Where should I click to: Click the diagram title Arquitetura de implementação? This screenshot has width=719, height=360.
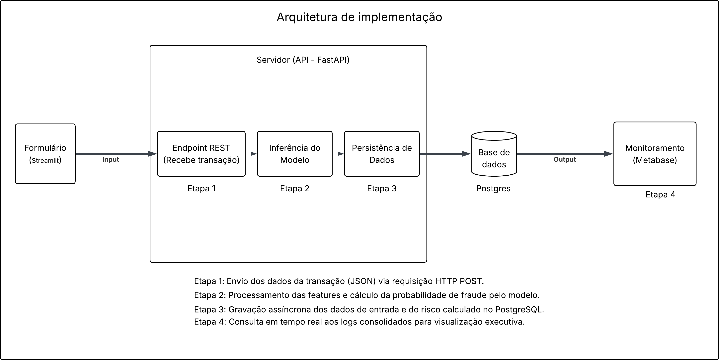point(359,17)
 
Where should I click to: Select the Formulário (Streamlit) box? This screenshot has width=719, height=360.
point(45,154)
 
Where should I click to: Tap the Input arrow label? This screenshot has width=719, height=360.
point(111,159)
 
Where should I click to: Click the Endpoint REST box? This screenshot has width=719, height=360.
point(201,154)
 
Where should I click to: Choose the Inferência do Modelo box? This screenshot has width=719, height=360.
point(295,154)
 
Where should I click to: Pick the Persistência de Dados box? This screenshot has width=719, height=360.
point(382,154)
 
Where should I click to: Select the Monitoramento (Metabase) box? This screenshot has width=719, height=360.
point(655,154)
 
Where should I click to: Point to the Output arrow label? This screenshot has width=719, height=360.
point(565,159)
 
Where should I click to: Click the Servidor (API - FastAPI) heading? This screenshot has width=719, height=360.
point(303,60)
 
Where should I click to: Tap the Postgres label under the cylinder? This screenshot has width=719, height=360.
point(493,189)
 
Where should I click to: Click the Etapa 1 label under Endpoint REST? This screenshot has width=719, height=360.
point(201,189)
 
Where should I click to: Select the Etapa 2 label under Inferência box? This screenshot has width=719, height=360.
point(295,189)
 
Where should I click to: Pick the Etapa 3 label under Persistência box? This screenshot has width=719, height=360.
point(382,189)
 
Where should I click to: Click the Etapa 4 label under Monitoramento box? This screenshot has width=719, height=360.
point(660,195)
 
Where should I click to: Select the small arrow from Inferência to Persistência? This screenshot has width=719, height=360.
point(338,154)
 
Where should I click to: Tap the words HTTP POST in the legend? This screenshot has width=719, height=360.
point(459,281)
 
